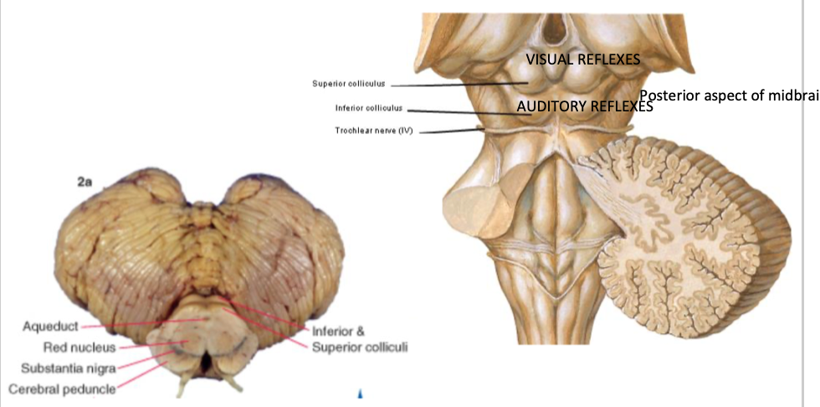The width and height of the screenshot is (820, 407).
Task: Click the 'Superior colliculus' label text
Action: point(347,84)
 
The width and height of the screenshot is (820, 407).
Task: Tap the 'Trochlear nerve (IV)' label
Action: point(374,131)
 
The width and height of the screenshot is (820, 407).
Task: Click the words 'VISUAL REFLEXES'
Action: point(582,59)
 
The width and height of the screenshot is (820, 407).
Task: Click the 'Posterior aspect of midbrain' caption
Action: point(728,95)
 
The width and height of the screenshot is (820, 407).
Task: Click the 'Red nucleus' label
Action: point(79,347)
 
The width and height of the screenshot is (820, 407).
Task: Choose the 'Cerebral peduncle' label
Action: point(62,388)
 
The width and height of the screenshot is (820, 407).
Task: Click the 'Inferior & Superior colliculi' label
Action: point(359,339)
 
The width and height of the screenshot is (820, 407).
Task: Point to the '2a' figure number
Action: point(85,182)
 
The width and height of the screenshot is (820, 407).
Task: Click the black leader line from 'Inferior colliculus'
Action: point(460,111)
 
